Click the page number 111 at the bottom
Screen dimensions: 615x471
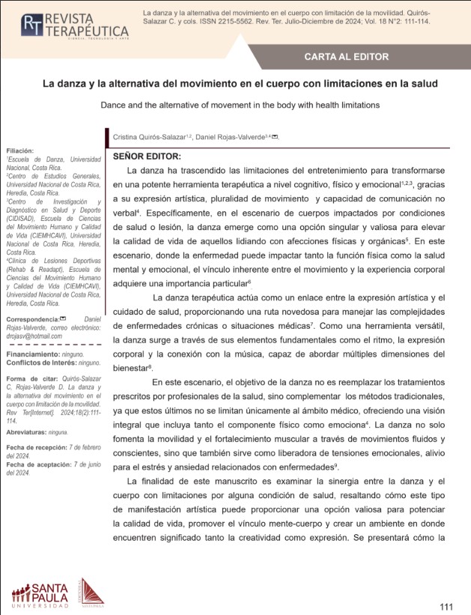(446, 605)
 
